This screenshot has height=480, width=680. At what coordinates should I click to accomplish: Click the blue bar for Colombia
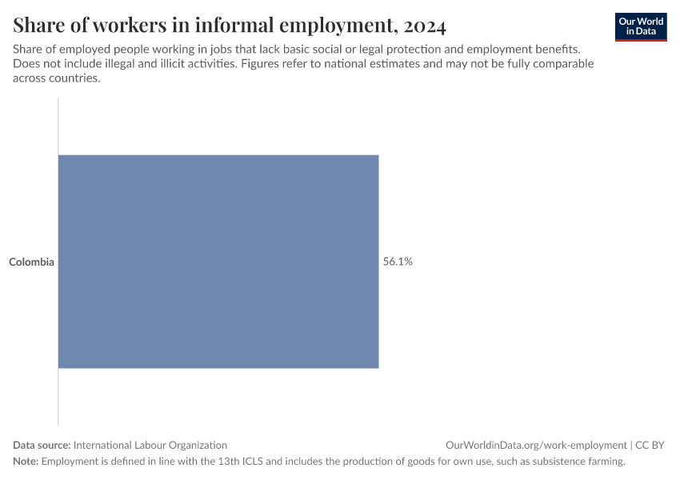click(x=218, y=262)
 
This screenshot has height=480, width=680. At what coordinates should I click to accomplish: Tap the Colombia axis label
click(x=32, y=262)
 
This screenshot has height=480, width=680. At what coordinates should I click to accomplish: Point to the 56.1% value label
click(x=398, y=262)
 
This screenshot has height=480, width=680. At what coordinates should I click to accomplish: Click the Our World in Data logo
click(x=641, y=26)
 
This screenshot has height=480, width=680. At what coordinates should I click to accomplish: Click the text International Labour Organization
click(x=150, y=445)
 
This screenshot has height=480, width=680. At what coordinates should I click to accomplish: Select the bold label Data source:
click(x=42, y=445)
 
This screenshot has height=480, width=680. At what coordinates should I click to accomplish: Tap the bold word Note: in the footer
click(x=26, y=462)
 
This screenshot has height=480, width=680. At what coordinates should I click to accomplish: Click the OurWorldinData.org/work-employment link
click(x=536, y=445)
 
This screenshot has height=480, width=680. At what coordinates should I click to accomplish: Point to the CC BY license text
click(x=650, y=445)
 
